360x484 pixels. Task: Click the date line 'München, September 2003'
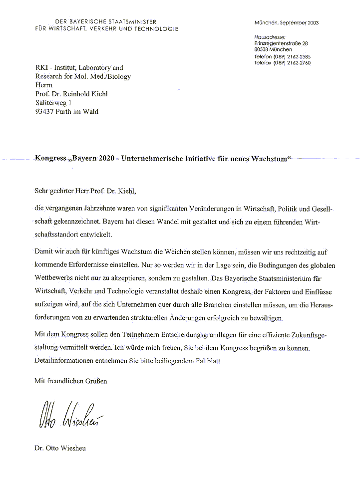click(286, 23)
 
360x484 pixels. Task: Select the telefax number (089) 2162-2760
click(292, 63)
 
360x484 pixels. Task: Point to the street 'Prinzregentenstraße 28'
click(281, 43)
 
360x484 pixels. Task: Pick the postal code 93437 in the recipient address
click(46, 111)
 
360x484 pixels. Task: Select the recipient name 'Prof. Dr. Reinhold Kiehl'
click(71, 94)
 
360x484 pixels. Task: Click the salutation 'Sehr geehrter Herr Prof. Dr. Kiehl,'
click(85, 190)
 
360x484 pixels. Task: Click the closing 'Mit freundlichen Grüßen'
click(70, 381)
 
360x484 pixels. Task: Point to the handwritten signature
click(70, 414)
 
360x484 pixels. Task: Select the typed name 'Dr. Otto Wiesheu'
click(60, 448)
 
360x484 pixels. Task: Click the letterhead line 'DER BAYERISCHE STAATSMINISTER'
click(105, 22)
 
